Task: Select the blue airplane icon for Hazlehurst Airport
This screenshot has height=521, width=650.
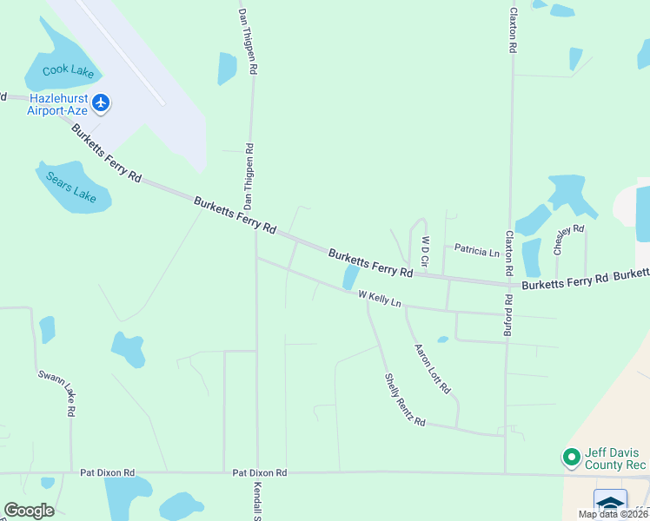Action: pyautogui.click(x=102, y=103)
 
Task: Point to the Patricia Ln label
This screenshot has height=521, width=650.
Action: pyautogui.click(x=477, y=252)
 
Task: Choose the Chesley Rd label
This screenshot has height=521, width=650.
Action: pyautogui.click(x=568, y=241)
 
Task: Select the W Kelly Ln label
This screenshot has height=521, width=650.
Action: pyautogui.click(x=380, y=299)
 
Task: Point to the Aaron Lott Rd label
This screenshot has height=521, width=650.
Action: pyautogui.click(x=432, y=366)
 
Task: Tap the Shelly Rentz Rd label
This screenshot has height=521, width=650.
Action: pyautogui.click(x=405, y=400)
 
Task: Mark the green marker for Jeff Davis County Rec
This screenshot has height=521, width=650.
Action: pyautogui.click(x=571, y=456)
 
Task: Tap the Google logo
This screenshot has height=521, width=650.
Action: pyautogui.click(x=29, y=511)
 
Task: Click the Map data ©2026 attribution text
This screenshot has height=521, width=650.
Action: pyautogui.click(x=612, y=514)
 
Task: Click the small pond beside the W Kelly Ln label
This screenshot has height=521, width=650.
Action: pyautogui.click(x=350, y=277)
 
